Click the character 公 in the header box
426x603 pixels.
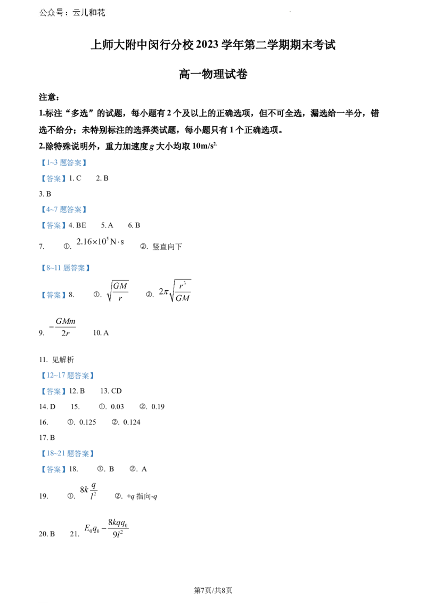click(x=44, y=13)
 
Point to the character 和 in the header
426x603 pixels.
click(x=93, y=13)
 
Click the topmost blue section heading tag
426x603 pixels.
click(x=64, y=162)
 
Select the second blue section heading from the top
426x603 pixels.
click(x=64, y=209)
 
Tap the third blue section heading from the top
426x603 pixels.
click(x=64, y=268)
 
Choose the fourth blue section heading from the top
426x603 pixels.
click(x=66, y=375)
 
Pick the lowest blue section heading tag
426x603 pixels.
click(x=66, y=453)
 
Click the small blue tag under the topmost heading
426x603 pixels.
click(x=53, y=179)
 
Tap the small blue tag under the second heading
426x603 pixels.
click(x=53, y=226)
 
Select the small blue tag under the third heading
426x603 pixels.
click(x=53, y=296)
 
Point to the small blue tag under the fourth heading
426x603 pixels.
click(x=53, y=392)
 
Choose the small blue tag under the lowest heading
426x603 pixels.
click(x=53, y=469)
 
